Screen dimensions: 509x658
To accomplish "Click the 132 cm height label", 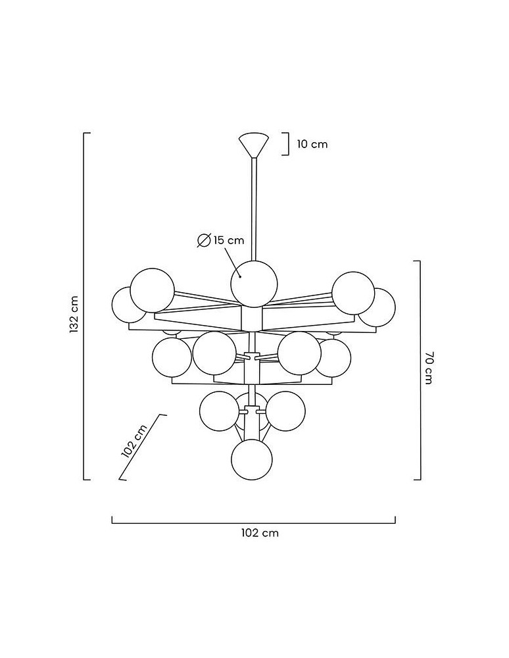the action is (74, 315).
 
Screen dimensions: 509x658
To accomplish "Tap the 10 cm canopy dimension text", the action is (312, 144).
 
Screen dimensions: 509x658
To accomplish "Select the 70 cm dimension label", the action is (427, 368).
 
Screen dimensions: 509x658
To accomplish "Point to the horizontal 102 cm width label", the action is (260, 533).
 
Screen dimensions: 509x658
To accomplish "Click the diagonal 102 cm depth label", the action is (134, 441).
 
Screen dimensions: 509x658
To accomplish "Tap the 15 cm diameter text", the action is (228, 240).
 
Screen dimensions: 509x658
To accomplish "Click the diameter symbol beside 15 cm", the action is (204, 241).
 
